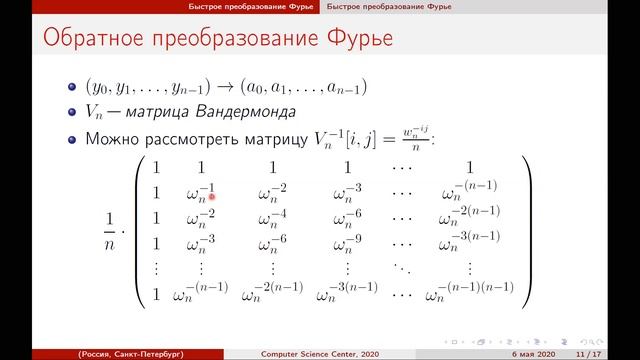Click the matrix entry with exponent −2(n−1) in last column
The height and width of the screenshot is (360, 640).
point(469,215)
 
